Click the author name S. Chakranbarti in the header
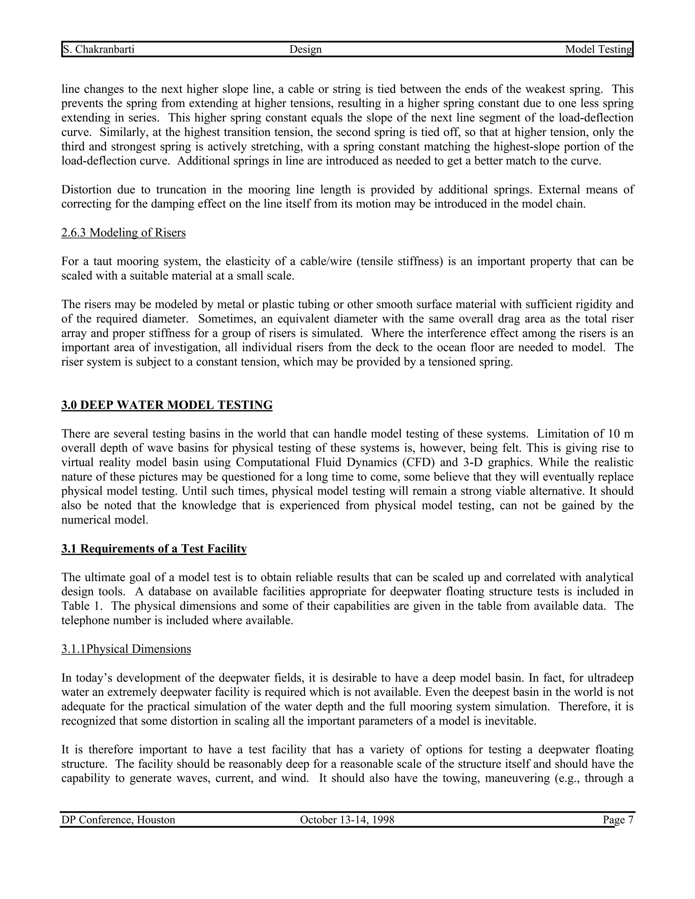pos(98,50)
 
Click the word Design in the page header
pos(305,50)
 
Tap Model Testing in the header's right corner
pos(598,50)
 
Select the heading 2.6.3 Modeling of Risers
pos(124,233)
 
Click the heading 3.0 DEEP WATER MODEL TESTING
pos(167,405)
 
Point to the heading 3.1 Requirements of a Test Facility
pos(154,549)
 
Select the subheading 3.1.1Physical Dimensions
pos(126,649)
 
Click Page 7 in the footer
pos(618,820)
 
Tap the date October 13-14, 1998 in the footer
pos(347,820)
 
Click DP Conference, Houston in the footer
pos(118,820)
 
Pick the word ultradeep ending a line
pos(611,678)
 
